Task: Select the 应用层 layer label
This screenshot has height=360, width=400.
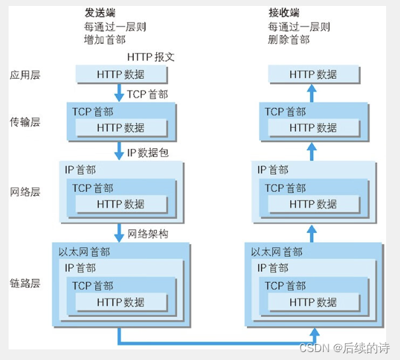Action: pyautogui.click(x=25, y=75)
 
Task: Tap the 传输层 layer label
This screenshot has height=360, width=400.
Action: pyautogui.click(x=25, y=122)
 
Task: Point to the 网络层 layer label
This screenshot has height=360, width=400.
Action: pyautogui.click(x=25, y=192)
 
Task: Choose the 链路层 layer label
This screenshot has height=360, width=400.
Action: pyautogui.click(x=25, y=283)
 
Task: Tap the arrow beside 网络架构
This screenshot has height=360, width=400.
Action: pyautogui.click(x=120, y=232)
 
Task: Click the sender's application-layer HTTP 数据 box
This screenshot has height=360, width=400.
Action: pyautogui.click(x=120, y=74)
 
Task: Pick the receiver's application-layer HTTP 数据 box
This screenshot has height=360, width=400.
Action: pyautogui.click(x=313, y=74)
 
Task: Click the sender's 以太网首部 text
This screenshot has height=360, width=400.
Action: pyautogui.click(x=84, y=252)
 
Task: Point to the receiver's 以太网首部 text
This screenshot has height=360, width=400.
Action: pyautogui.click(x=277, y=252)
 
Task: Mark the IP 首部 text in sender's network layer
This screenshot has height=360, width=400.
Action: pyautogui.click(x=80, y=171)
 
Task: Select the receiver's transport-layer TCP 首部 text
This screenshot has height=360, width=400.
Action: pyautogui.click(x=285, y=112)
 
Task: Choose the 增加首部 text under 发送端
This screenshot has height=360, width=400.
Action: pyautogui.click(x=106, y=39)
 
